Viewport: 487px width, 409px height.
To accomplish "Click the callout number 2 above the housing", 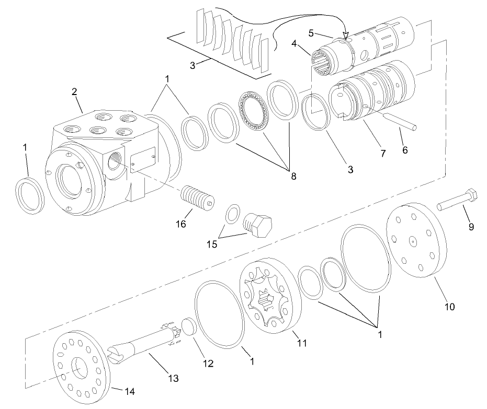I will point(74,91).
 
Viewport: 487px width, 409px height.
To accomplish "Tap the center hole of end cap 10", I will point(413,241).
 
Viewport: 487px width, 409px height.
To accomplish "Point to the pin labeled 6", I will point(399,123).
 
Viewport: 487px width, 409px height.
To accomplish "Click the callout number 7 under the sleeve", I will point(382,153).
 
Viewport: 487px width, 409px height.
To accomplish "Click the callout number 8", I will point(293,176).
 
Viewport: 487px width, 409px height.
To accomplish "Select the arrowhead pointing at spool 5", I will point(345,36).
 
